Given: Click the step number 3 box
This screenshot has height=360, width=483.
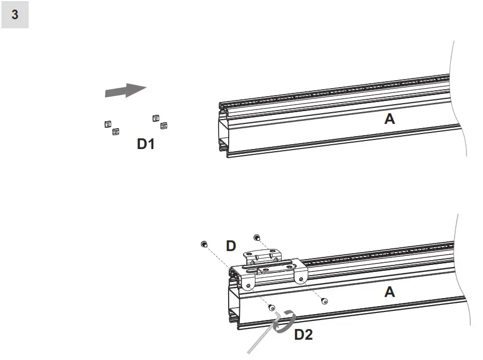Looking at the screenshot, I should (x=15, y=15).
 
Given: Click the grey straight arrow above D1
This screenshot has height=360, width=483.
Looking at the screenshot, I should (x=126, y=90).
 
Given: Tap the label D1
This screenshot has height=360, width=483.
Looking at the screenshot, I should (x=145, y=144).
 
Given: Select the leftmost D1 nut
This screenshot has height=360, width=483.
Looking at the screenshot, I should (x=107, y=124).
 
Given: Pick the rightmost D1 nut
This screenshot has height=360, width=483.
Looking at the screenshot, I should (x=164, y=126).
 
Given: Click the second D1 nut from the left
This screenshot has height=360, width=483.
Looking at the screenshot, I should (x=115, y=131).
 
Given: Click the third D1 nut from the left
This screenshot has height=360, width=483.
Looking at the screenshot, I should (x=155, y=118).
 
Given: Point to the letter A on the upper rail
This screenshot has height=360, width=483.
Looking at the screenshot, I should (x=389, y=119).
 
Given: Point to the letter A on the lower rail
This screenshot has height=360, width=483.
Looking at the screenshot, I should (x=389, y=292).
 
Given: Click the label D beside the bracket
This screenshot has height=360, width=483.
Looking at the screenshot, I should (x=231, y=246).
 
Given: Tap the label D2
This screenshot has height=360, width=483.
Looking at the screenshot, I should (x=303, y=335).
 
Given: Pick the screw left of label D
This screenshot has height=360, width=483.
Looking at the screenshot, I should (x=204, y=244).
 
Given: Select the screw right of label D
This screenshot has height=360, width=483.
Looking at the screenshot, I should (x=256, y=237).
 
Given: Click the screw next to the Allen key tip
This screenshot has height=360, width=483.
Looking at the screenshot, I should (x=271, y=307).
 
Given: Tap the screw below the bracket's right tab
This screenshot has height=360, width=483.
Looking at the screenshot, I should (x=324, y=301).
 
